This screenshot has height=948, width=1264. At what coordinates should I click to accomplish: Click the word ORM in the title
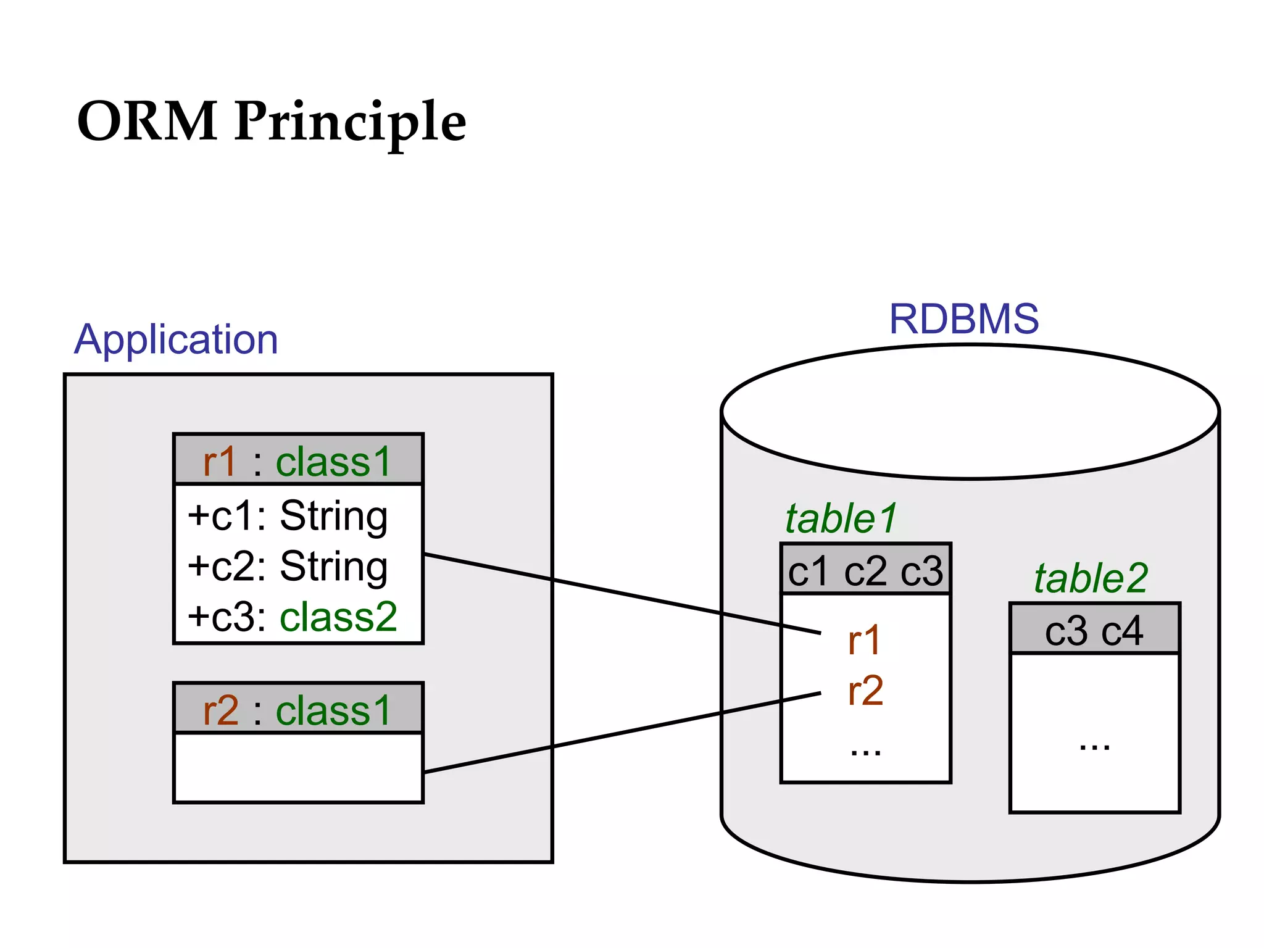147,121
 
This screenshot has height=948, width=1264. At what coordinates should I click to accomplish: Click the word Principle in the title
350,122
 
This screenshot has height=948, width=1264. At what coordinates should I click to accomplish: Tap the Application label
176,340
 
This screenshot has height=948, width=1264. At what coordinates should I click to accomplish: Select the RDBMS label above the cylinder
963,319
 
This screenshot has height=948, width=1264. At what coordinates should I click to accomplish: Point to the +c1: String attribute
288,516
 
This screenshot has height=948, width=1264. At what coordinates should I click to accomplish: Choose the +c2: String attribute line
288,567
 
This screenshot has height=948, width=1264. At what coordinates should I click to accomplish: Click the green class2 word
338,617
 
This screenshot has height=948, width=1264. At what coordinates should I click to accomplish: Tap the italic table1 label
841,518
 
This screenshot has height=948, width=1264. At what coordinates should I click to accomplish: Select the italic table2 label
1091,579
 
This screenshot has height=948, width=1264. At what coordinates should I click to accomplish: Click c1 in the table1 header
808,572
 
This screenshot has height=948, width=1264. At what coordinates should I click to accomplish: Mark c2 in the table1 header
865,572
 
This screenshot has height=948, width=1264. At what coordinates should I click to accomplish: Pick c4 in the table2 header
1122,631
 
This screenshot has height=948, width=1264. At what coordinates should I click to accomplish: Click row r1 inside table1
864,641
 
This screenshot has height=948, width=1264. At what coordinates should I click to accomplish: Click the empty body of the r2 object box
298,767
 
